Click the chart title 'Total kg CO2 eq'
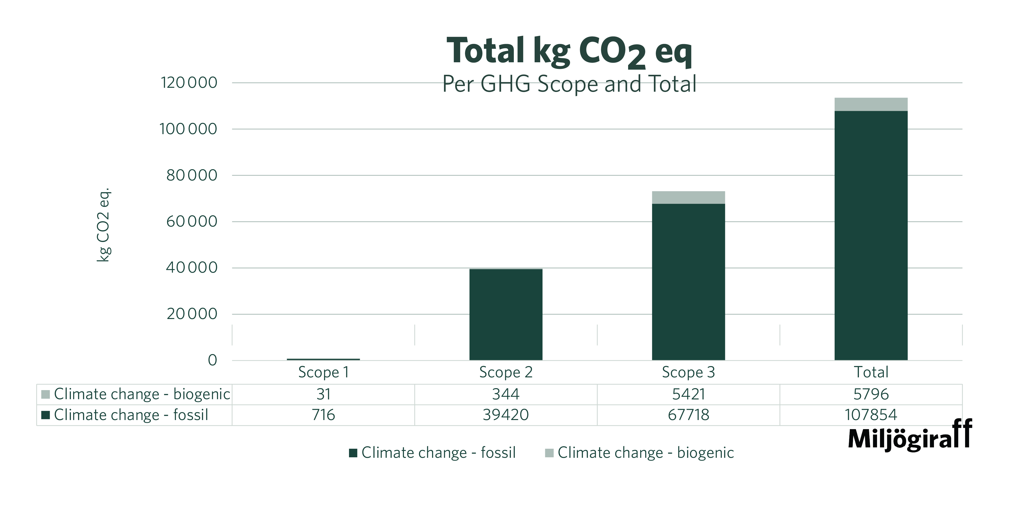tap(569, 51)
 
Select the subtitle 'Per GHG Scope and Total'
tap(569, 84)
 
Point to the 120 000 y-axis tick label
tap(189, 83)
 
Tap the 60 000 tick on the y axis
tap(192, 221)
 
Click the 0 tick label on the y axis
tap(213, 360)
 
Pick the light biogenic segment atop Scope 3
tap(688, 197)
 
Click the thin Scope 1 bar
tap(323, 359)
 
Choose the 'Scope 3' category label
tap(688, 372)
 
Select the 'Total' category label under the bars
tap(871, 372)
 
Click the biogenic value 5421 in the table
tap(688, 394)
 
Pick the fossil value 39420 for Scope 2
tap(505, 415)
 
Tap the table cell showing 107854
tap(871, 415)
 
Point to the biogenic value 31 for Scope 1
tap(323, 394)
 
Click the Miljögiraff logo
tap(910, 436)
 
